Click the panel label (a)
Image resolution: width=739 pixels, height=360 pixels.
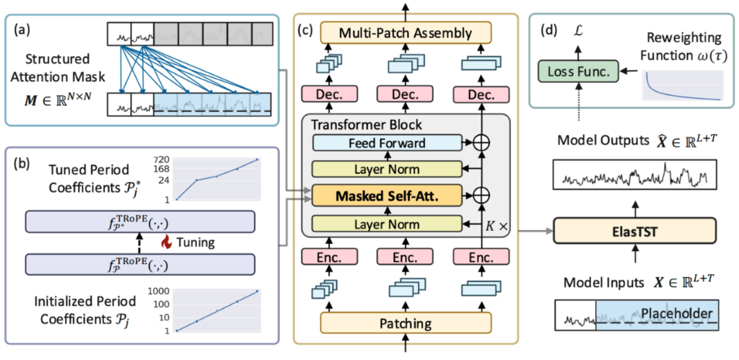[32, 31]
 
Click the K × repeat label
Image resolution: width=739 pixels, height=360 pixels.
[498, 225]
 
